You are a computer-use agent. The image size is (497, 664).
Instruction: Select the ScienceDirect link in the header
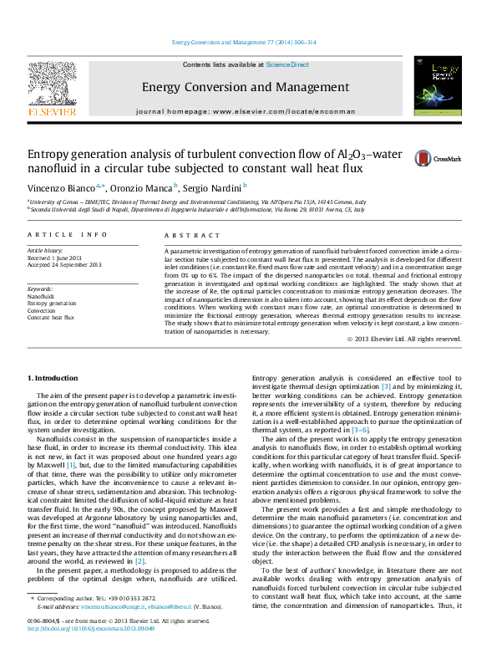click(287, 64)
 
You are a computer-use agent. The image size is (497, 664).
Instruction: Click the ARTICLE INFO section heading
click(67, 236)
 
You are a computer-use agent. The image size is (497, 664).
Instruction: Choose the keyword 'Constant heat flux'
click(51, 318)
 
